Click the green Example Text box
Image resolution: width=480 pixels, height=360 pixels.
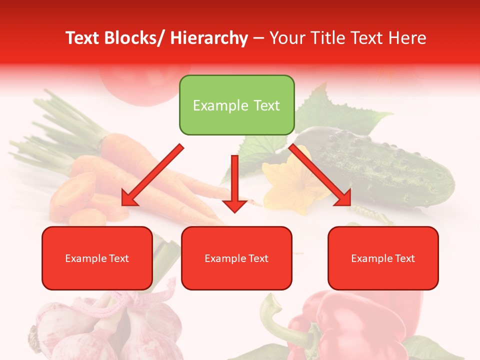pyautogui.click(x=236, y=105)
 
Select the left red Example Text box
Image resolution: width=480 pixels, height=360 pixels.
pyautogui.click(x=97, y=258)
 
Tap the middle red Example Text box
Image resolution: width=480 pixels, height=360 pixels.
pyautogui.click(x=236, y=258)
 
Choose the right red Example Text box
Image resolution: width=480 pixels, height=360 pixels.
pyautogui.click(x=383, y=258)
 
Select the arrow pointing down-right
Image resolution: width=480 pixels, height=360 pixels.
pyautogui.click(x=320, y=175)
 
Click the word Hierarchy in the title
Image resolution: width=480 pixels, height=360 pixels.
pyautogui.click(x=208, y=38)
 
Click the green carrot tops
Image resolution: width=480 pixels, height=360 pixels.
pyautogui.click(x=55, y=130)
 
